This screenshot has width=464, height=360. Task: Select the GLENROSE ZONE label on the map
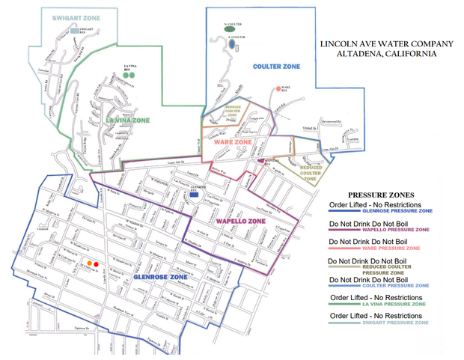(x=160, y=276)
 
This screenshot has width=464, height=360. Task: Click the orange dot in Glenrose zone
(x=90, y=263)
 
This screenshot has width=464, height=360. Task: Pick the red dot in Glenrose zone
(x=97, y=263)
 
